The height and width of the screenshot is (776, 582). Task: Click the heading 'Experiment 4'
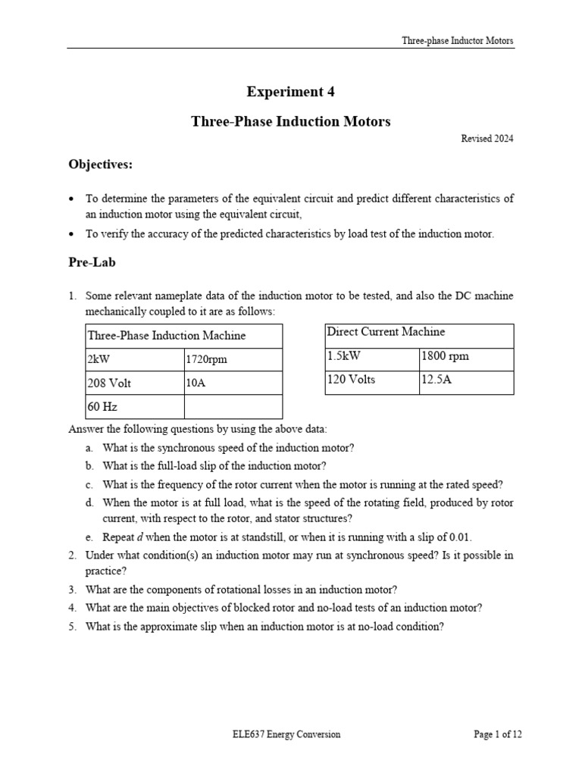click(290, 92)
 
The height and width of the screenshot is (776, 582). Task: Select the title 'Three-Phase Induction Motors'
click(290, 121)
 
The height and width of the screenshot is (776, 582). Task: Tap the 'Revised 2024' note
click(487, 139)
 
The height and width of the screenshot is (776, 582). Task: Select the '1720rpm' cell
click(206, 360)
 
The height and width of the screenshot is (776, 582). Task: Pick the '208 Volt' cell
click(110, 383)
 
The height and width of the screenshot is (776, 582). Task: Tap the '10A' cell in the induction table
click(196, 383)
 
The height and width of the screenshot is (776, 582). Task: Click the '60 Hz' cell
click(103, 407)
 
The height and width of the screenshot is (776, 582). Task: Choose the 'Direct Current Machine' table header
click(386, 332)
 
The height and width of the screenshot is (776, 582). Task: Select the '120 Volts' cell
click(351, 380)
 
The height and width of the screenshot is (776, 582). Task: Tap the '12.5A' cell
click(436, 380)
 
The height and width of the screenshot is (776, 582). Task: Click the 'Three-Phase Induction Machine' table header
click(167, 335)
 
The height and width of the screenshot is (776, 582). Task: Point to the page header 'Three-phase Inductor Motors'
click(458, 41)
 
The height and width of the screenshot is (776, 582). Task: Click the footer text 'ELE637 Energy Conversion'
click(286, 734)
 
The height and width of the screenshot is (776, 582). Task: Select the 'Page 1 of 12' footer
click(497, 734)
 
